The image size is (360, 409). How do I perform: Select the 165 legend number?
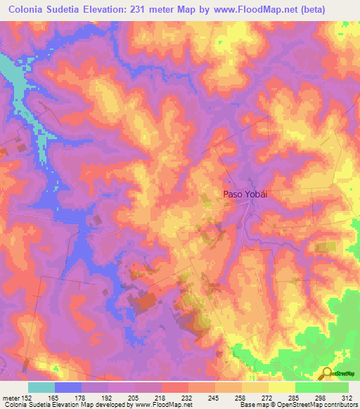(x=68, y=397)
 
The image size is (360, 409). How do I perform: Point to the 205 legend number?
(x=148, y=397)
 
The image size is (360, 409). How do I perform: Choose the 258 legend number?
(x=229, y=397)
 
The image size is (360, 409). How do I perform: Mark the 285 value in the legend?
(x=282, y=397)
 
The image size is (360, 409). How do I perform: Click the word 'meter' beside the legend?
(x=12, y=397)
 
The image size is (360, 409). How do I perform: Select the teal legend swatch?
(x=41, y=387)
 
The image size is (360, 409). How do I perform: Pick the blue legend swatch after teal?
(x=68, y=387)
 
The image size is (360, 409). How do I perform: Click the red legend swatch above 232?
(x=175, y=387)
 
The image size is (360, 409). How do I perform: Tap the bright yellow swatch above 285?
(x=282, y=387)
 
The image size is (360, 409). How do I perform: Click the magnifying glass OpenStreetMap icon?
(x=327, y=372)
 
